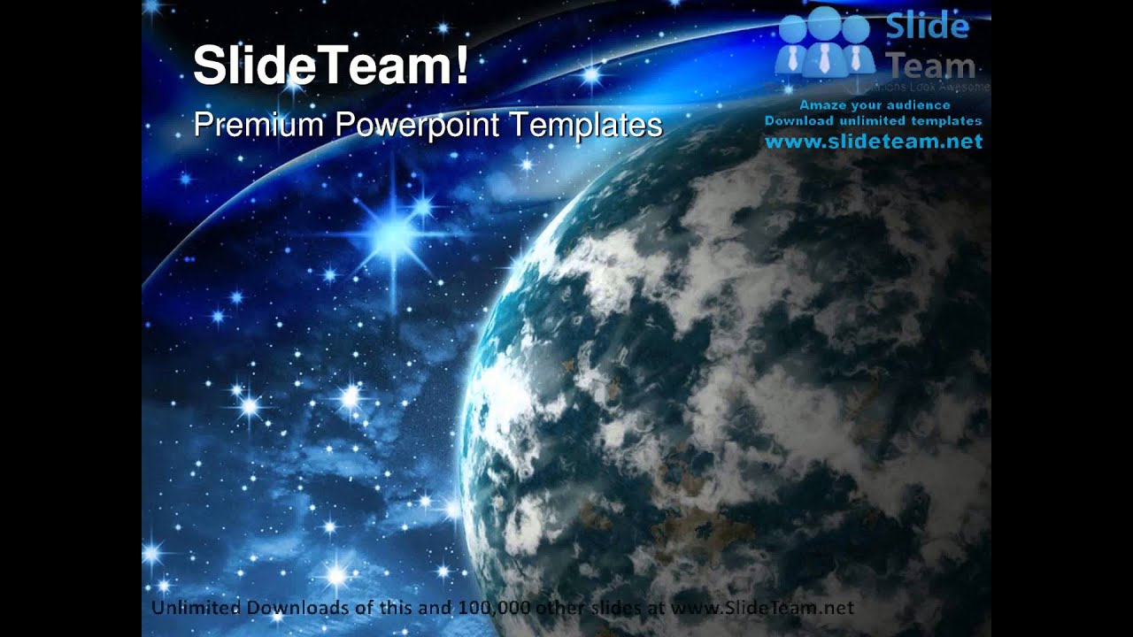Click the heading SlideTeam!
331,67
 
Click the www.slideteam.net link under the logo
874,142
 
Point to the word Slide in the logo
927,27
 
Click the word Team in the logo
930,65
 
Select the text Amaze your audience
873,104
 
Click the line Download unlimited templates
873,120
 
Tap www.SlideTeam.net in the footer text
762,608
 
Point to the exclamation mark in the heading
462,67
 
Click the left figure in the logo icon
793,49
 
